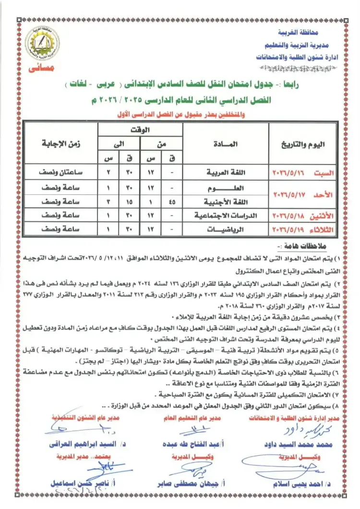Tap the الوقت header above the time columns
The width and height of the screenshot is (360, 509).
(x=141, y=130)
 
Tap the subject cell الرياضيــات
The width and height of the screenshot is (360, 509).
(x=226, y=230)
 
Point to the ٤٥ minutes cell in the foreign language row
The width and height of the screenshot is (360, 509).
(x=172, y=202)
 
